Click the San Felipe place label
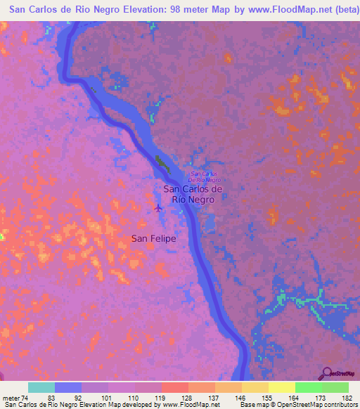[x=153, y=239]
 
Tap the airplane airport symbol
[x=157, y=208]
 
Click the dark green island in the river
[x=163, y=164]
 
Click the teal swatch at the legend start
[x=41, y=387]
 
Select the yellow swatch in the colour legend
[x=282, y=387]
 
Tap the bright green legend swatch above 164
[x=309, y=387]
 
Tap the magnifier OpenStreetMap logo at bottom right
[x=328, y=372]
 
